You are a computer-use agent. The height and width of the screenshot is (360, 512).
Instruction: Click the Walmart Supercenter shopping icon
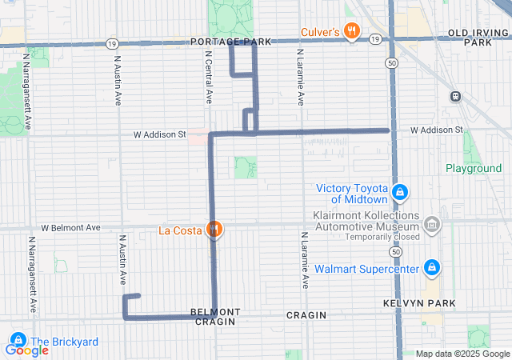[x=431, y=267]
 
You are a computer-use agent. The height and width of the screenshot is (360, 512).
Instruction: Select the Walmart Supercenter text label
[x=366, y=269]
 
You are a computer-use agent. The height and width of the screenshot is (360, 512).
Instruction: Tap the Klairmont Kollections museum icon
[x=432, y=226]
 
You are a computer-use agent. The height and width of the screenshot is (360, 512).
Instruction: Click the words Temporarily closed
[x=382, y=238]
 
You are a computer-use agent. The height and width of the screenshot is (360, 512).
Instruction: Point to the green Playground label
[x=474, y=169]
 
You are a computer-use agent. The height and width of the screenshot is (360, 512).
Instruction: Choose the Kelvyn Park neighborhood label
[x=429, y=303]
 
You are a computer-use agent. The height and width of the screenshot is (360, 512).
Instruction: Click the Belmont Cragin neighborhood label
[x=215, y=316]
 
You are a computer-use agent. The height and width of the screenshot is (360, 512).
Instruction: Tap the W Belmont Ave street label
[x=70, y=228]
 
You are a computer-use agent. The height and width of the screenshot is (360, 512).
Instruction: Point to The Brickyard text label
[x=64, y=342]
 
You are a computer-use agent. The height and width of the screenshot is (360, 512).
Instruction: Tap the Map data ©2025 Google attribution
[x=462, y=354]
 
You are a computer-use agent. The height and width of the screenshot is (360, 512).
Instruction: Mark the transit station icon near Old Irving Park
[x=455, y=96]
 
